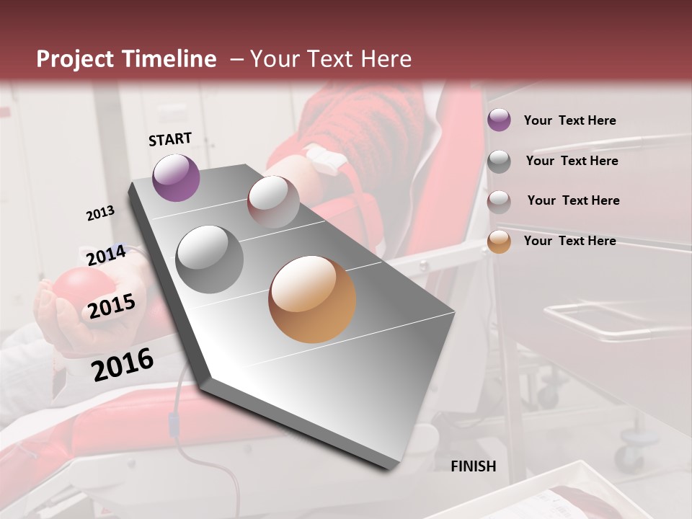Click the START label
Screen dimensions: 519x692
point(170,139)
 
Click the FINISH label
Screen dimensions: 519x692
point(474,466)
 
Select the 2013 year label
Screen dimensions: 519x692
point(100,213)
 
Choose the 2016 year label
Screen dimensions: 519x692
point(123,364)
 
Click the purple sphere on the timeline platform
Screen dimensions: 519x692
point(176,177)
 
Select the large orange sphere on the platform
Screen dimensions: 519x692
point(312,299)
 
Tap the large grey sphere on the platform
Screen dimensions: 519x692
point(210,259)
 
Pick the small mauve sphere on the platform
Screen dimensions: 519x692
point(273,202)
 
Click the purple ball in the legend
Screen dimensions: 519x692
point(499,120)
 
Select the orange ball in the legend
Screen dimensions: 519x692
point(499,241)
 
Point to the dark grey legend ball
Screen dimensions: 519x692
point(499,161)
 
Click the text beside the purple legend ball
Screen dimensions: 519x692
point(570,120)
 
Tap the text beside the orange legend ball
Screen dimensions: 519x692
point(570,241)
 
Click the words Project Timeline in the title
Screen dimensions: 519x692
point(126,59)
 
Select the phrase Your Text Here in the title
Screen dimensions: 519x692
point(330,59)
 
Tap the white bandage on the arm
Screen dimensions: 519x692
point(321,159)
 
